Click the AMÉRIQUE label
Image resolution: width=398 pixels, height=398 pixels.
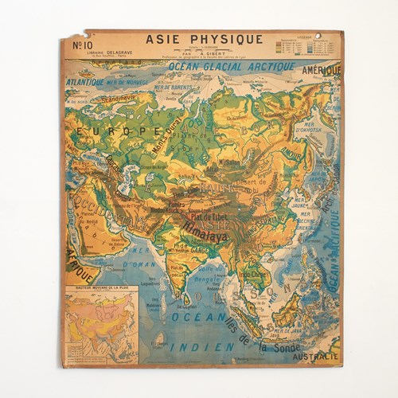pos(320,71)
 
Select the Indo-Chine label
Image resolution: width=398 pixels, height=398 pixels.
pos(255,275)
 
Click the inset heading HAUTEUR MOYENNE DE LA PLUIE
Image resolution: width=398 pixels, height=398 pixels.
pos(103,287)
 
